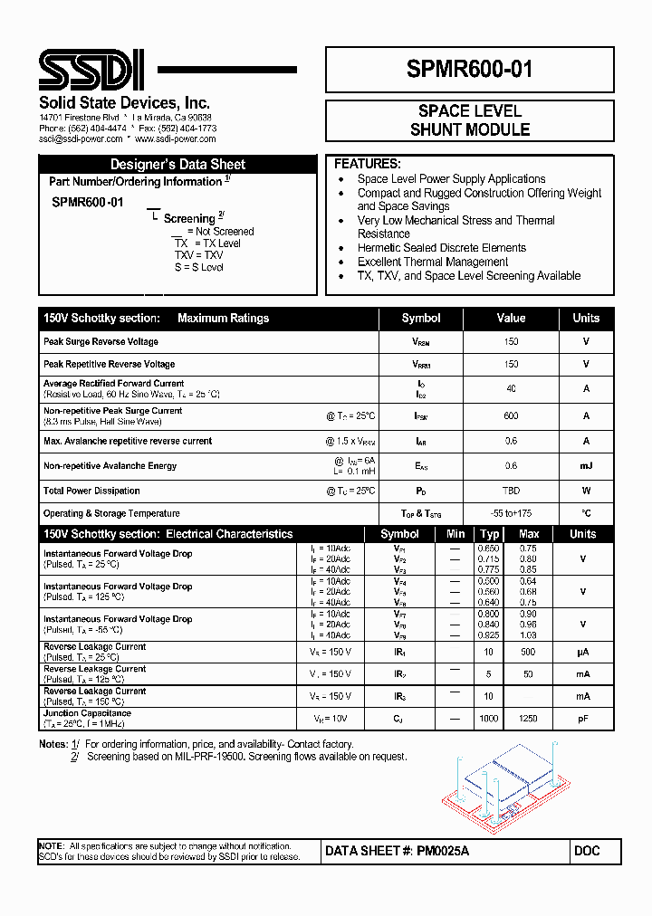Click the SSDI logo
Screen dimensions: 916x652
91,70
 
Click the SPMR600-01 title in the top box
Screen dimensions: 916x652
469,70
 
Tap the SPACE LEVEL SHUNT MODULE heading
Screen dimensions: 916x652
469,120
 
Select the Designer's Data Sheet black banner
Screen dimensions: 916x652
177,164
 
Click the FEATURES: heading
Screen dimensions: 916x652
368,164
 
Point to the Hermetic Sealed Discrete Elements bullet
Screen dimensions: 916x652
441,248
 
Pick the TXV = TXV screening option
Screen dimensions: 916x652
198,255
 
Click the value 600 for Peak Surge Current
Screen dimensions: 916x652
511,416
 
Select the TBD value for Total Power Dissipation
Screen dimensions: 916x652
511,491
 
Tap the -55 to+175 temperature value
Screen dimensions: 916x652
511,513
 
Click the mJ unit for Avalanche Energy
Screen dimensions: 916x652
586,465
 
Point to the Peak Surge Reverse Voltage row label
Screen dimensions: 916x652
101,342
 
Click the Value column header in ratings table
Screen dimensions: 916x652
511,318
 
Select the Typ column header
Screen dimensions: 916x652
490,534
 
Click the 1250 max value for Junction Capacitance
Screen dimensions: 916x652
528,719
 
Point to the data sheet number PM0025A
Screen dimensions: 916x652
443,852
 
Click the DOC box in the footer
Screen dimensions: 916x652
587,852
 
